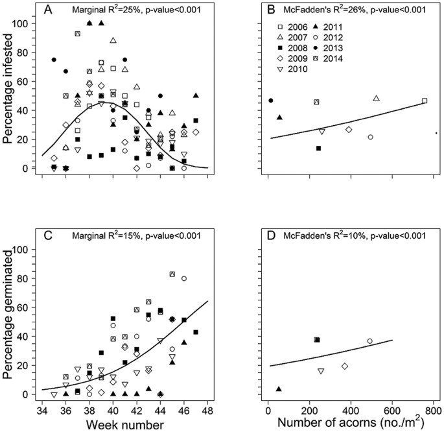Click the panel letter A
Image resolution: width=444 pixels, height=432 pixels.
(x=49, y=10)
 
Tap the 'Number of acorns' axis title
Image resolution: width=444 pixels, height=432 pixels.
(x=347, y=423)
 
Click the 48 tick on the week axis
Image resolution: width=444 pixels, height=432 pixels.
(x=207, y=409)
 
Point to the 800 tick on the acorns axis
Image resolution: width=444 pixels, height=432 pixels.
(x=434, y=409)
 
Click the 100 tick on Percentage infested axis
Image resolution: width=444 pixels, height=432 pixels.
(x=25, y=24)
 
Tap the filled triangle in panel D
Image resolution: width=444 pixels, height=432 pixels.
(x=279, y=389)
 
